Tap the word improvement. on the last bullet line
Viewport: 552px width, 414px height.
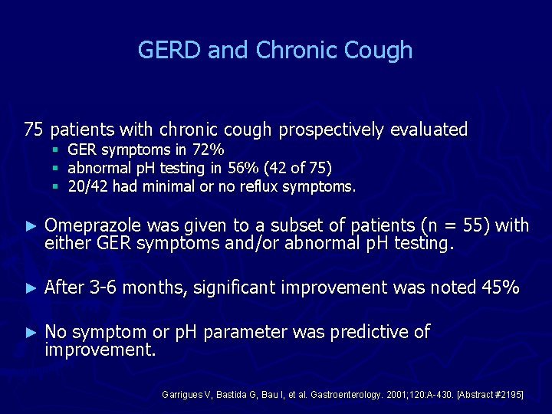click(100, 350)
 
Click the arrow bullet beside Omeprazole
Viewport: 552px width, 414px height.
click(31, 225)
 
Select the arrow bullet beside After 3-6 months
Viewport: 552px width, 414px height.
click(31, 288)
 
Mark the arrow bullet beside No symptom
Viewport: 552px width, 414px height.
click(31, 333)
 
